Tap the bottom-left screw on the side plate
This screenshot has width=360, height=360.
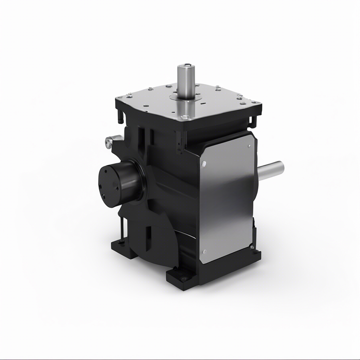[204, 251]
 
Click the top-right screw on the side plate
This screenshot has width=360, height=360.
[249, 147]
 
